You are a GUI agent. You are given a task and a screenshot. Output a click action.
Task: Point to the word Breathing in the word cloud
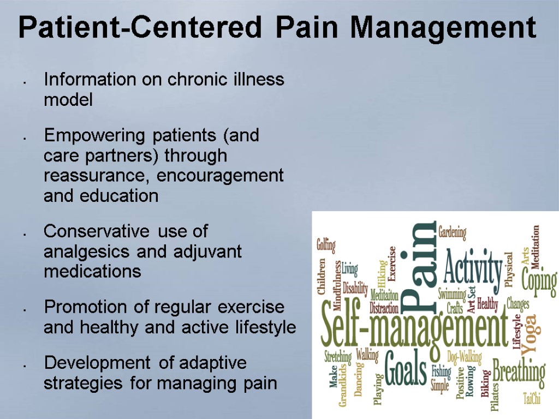point(518,372)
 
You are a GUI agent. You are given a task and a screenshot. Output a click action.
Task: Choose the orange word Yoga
point(529,334)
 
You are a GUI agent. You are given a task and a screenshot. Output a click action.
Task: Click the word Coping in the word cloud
point(539,282)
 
